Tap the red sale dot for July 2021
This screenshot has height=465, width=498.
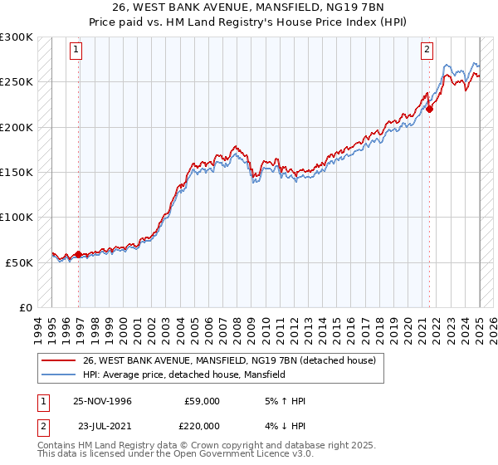click(430, 108)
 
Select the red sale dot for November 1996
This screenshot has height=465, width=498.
click(79, 254)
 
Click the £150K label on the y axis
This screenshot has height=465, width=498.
click(17, 173)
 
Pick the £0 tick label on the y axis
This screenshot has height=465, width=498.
click(25, 307)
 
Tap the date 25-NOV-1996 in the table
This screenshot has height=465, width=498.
click(102, 401)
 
